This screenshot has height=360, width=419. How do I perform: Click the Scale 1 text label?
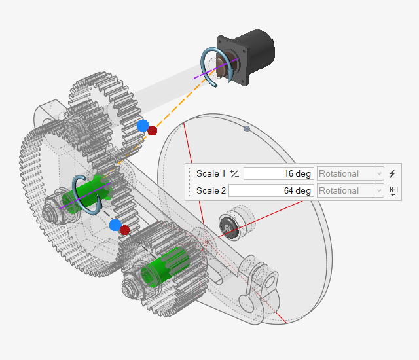tap(210, 173)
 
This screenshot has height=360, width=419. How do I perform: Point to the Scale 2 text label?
tap(211, 190)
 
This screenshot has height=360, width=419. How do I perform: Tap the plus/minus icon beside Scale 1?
tap(234, 173)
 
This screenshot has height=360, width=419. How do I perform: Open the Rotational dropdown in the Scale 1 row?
tap(350, 173)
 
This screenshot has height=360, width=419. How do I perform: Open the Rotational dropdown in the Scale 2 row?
tap(350, 190)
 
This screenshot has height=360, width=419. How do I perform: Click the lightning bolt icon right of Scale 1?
tap(392, 173)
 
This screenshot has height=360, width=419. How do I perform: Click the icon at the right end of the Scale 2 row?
tap(392, 190)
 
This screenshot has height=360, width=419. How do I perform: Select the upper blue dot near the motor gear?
tap(143, 126)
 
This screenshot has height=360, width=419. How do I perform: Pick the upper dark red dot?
tap(153, 131)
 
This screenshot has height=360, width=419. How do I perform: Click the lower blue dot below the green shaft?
tap(116, 225)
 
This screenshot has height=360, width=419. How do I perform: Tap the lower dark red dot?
tap(125, 230)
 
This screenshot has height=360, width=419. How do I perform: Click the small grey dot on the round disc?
tap(246, 129)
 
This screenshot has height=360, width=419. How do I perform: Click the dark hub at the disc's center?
tap(229, 227)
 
